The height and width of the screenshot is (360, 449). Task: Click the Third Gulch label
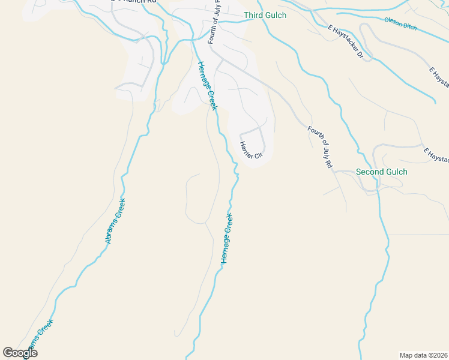click(265, 15)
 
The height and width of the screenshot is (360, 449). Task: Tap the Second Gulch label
click(381, 172)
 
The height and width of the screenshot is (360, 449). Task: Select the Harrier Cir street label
click(251, 149)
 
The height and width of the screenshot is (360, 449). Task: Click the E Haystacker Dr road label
click(346, 41)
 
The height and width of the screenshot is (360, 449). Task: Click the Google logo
click(20, 352)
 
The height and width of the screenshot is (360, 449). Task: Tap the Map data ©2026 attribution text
click(423, 355)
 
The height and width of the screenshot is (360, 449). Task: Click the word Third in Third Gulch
click(253, 15)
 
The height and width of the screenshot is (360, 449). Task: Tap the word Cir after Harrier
click(259, 155)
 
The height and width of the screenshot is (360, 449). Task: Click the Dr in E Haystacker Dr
click(361, 55)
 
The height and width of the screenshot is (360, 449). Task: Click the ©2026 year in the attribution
click(436, 355)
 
